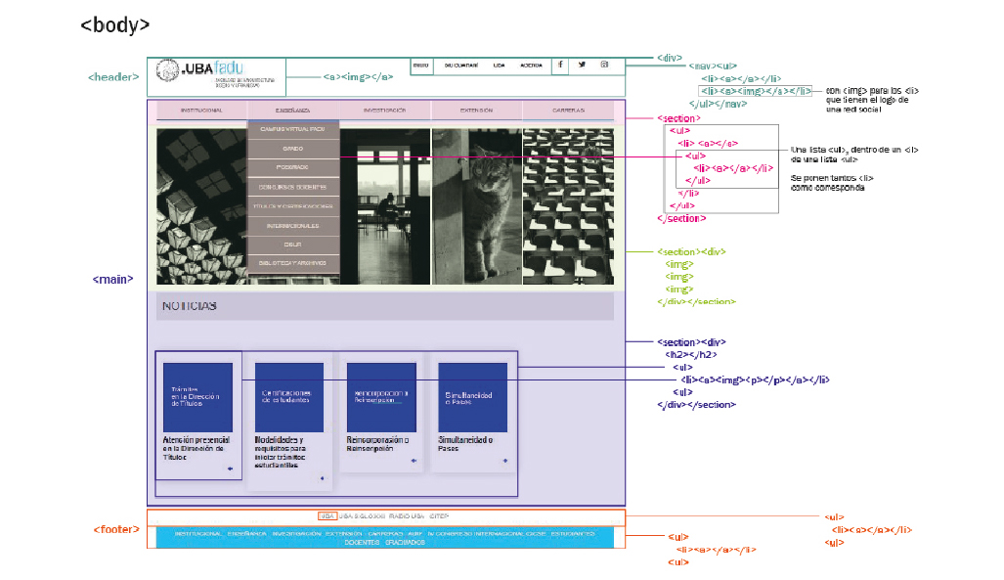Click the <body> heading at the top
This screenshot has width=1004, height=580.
pyautogui.click(x=115, y=25)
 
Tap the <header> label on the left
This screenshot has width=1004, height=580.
pyautogui.click(x=114, y=77)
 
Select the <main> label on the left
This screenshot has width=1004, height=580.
pyautogui.click(x=112, y=279)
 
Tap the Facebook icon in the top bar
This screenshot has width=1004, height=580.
pyautogui.click(x=560, y=65)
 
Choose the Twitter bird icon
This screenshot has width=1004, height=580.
pyautogui.click(x=582, y=65)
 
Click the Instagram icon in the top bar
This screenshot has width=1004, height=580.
pyautogui.click(x=604, y=65)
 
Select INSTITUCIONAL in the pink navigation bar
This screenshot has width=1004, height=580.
pyautogui.click(x=200, y=111)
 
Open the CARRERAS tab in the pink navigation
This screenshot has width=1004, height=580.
pyautogui.click(x=568, y=111)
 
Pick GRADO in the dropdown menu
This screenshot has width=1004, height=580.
pyautogui.click(x=292, y=148)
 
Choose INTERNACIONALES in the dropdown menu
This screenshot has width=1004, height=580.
pyautogui.click(x=292, y=224)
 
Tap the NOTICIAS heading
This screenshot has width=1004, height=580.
pyautogui.click(x=189, y=306)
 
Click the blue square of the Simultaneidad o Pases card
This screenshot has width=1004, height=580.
pyautogui.click(x=472, y=397)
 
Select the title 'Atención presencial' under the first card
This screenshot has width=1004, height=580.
pyautogui.click(x=196, y=440)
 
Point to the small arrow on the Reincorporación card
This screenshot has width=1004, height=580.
pyautogui.click(x=413, y=461)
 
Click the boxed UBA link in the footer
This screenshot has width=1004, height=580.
pyautogui.click(x=327, y=515)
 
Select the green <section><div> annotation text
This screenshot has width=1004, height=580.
pyautogui.click(x=689, y=251)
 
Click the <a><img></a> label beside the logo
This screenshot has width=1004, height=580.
pyautogui.click(x=359, y=76)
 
